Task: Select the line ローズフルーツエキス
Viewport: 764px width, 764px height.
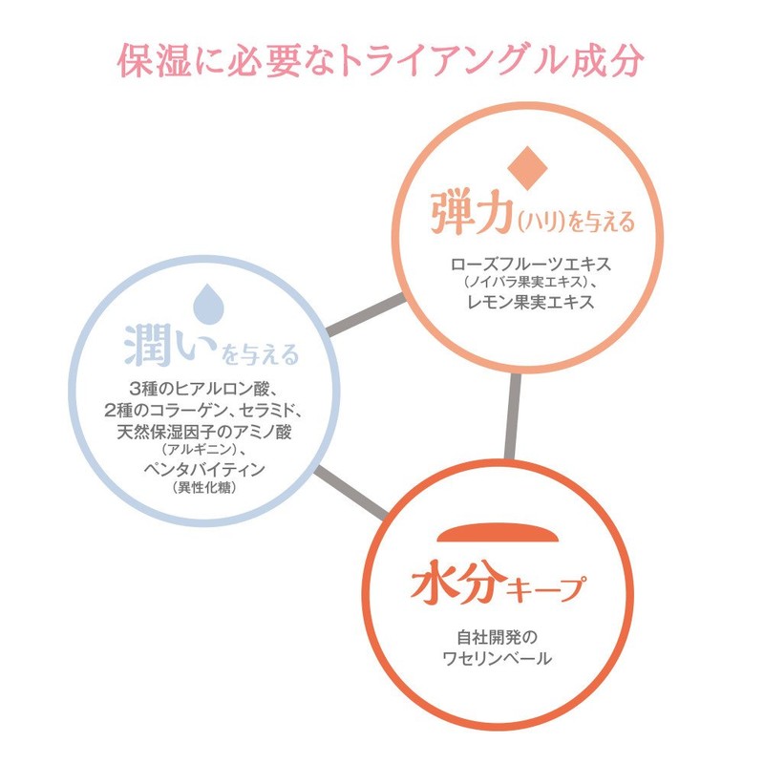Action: [x=530, y=264]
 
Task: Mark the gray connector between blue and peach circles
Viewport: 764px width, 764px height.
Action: [x=366, y=316]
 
